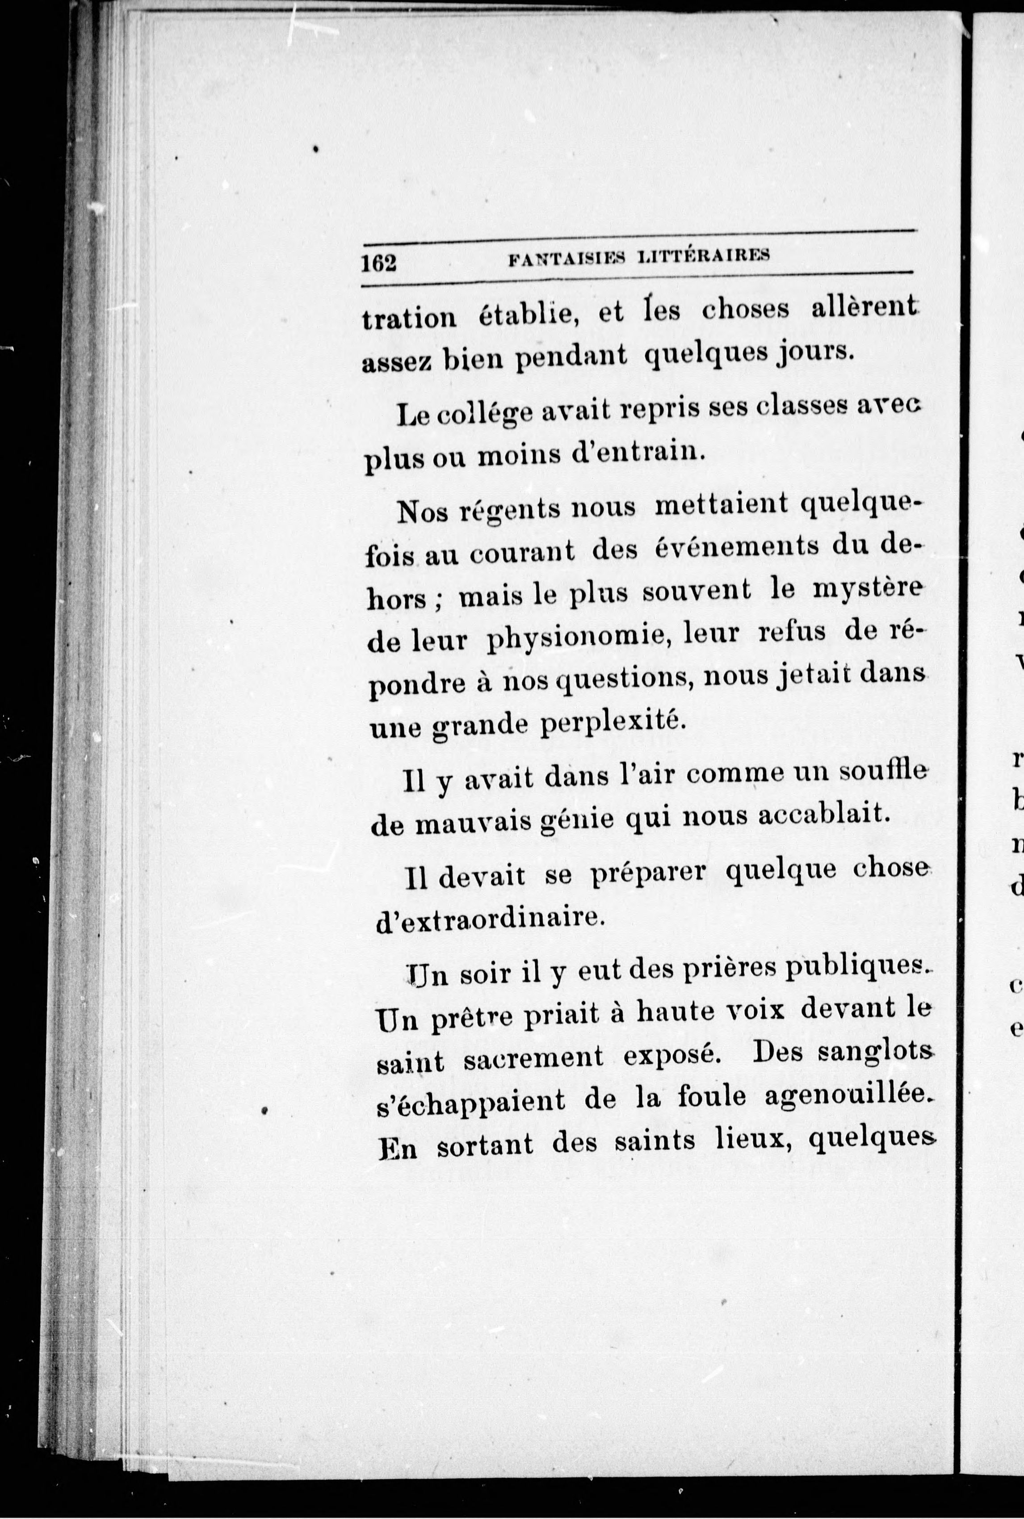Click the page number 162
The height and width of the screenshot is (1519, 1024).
pyautogui.click(x=379, y=263)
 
